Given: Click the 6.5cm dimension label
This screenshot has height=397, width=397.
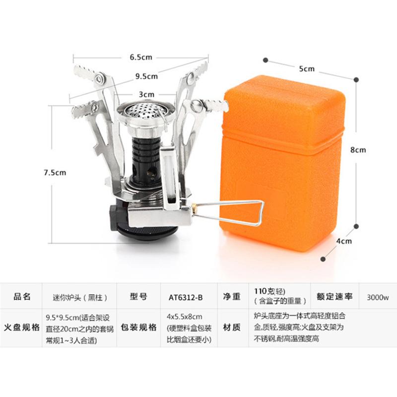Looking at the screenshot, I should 140,57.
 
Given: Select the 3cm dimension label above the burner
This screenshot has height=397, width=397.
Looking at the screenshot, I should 146,94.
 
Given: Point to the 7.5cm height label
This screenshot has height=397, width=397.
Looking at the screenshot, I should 54,172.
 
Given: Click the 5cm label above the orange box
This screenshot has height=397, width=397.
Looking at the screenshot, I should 307,68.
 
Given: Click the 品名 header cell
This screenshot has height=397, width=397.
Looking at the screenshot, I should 22,296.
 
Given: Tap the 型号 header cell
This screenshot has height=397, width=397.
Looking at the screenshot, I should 138,296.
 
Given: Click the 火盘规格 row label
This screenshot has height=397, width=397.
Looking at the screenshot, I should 22,328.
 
